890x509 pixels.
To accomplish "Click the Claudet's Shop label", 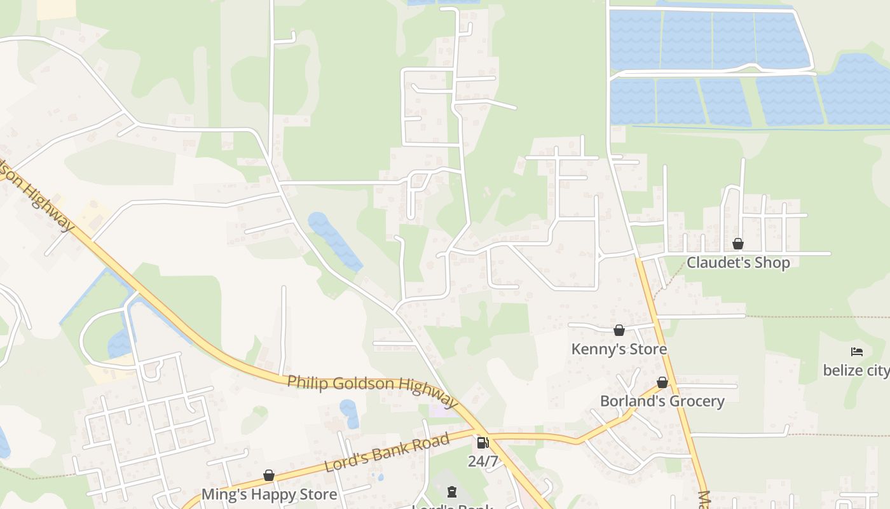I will [x=738, y=263].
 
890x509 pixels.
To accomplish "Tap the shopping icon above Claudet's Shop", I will [x=738, y=244].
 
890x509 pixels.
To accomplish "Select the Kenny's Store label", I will [x=619, y=349].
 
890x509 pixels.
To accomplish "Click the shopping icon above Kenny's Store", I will [x=619, y=330].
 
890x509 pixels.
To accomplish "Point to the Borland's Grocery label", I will [x=662, y=401].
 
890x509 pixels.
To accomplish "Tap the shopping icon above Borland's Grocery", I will [x=662, y=382].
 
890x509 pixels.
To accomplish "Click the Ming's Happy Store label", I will [x=269, y=494].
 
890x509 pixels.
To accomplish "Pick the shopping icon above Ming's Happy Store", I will [x=269, y=475].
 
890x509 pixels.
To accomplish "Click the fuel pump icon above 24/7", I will [x=483, y=442].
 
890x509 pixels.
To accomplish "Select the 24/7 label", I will [x=483, y=461].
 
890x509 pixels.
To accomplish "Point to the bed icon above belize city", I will [x=857, y=351].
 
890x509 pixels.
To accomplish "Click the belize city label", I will [x=856, y=370].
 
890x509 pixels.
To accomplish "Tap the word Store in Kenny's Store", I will [x=647, y=349].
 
